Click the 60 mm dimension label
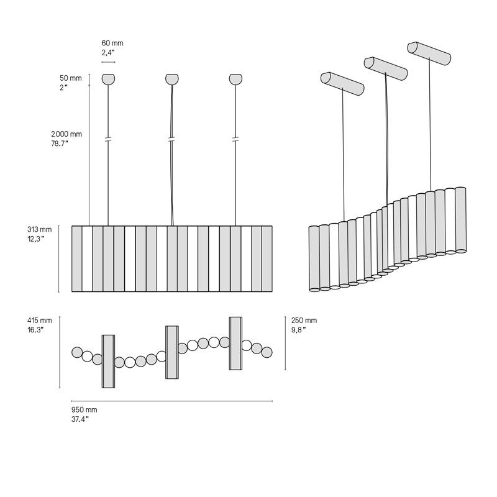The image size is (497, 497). pyautogui.click(x=112, y=43)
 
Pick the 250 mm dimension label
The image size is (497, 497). pyautogui.click(x=304, y=321)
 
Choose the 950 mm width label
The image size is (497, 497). pyautogui.click(x=84, y=410)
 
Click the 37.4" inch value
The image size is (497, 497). pyautogui.click(x=80, y=419)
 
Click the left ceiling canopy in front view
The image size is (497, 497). pyautogui.click(x=108, y=79)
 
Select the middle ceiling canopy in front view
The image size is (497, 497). pyautogui.click(x=172, y=79)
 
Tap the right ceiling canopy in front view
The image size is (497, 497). pyautogui.click(x=235, y=79)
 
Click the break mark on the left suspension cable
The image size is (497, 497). pyautogui.click(x=108, y=139)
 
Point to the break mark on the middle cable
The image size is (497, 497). pyautogui.click(x=172, y=139)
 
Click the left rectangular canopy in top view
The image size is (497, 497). pyautogui.click(x=108, y=361)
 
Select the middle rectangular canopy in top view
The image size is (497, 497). pyautogui.click(x=172, y=352)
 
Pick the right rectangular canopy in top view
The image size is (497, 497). pyautogui.click(x=235, y=344)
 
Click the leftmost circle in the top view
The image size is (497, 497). pyautogui.click(x=77, y=353)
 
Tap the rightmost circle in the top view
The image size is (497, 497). pyautogui.click(x=267, y=352)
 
